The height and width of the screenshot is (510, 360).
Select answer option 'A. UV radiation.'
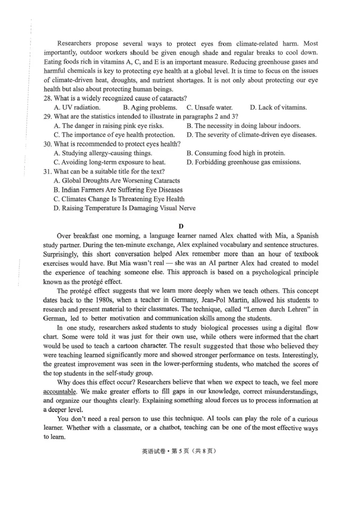(x=77, y=107)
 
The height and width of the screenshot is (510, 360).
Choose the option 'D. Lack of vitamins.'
(x=278, y=107)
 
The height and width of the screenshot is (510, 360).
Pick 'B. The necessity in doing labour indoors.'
(x=243, y=126)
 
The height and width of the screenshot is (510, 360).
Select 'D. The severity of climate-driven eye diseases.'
(x=251, y=135)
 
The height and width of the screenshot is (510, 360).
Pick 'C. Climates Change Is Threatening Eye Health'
(x=119, y=199)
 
